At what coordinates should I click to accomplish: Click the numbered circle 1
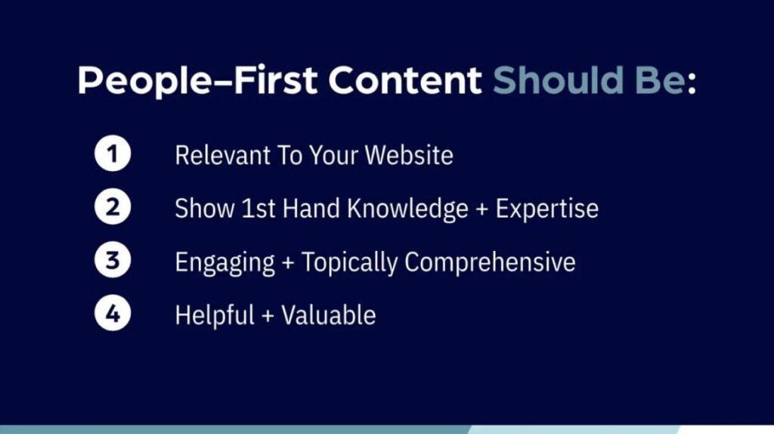(113, 153)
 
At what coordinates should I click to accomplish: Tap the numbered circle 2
(113, 207)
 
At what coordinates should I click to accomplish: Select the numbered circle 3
(113, 260)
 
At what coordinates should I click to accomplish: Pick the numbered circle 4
(113, 313)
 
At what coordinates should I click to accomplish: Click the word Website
(409, 155)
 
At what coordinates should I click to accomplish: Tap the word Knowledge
(407, 209)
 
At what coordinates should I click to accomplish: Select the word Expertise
(547, 209)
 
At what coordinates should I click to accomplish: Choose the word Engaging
(225, 262)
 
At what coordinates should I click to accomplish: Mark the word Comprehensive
(490, 262)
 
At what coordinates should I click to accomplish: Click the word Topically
(349, 262)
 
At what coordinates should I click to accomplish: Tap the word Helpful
(215, 315)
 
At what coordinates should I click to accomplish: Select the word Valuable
(329, 315)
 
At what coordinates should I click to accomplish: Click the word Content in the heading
(405, 80)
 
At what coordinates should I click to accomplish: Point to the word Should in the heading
(558, 80)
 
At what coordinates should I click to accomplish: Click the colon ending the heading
(692, 84)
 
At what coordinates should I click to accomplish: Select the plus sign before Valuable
(268, 316)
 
